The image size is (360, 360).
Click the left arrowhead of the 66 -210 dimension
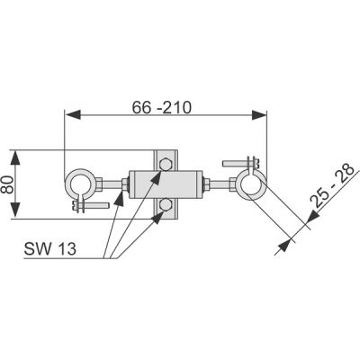pos(72,114)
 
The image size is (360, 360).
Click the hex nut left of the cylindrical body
pos(122,186)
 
